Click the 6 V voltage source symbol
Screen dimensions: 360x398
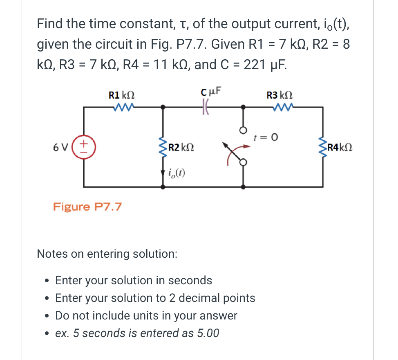pos(85,146)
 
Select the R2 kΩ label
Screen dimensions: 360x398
pos(181,147)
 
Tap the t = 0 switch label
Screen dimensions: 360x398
pos(266,137)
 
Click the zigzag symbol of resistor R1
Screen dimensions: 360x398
pos(122,107)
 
